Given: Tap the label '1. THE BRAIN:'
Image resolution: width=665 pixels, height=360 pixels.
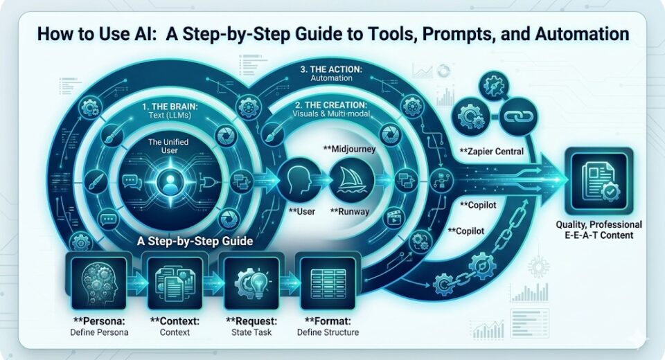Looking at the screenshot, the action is coord(169,107).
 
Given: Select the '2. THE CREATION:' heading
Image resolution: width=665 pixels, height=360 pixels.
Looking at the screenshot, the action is coord(330,105).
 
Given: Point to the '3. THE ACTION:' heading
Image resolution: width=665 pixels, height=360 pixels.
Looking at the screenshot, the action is coord(331,69).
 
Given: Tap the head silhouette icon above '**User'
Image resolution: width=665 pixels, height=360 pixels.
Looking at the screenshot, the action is coord(299,181).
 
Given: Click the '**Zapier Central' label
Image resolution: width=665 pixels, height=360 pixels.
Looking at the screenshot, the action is coord(492,152).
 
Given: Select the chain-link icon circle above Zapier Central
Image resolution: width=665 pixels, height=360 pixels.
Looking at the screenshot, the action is coord(519,116).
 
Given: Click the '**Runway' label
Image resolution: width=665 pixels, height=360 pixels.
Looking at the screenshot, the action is coord(349,212).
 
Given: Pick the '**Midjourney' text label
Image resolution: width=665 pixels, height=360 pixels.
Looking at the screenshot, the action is coord(349,149).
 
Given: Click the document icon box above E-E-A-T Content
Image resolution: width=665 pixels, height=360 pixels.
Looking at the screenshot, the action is coord(598,182).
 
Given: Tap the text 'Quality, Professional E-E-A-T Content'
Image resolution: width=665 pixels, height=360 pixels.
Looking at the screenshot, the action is coord(598,230).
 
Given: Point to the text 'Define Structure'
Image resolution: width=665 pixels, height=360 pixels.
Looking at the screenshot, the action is coord(328,332).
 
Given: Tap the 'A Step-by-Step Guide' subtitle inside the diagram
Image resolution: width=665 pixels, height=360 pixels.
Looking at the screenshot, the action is coord(195,242).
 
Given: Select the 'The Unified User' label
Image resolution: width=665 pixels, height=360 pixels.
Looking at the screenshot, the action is coord(168,146).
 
